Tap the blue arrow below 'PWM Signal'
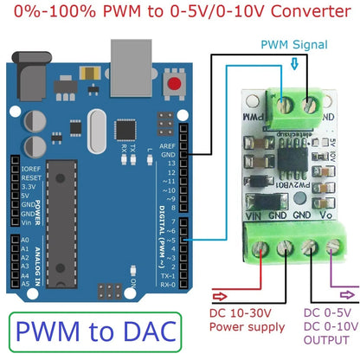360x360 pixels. click(x=295, y=62)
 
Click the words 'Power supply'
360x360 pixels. click(x=248, y=327)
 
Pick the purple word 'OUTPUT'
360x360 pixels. click(x=328, y=341)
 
